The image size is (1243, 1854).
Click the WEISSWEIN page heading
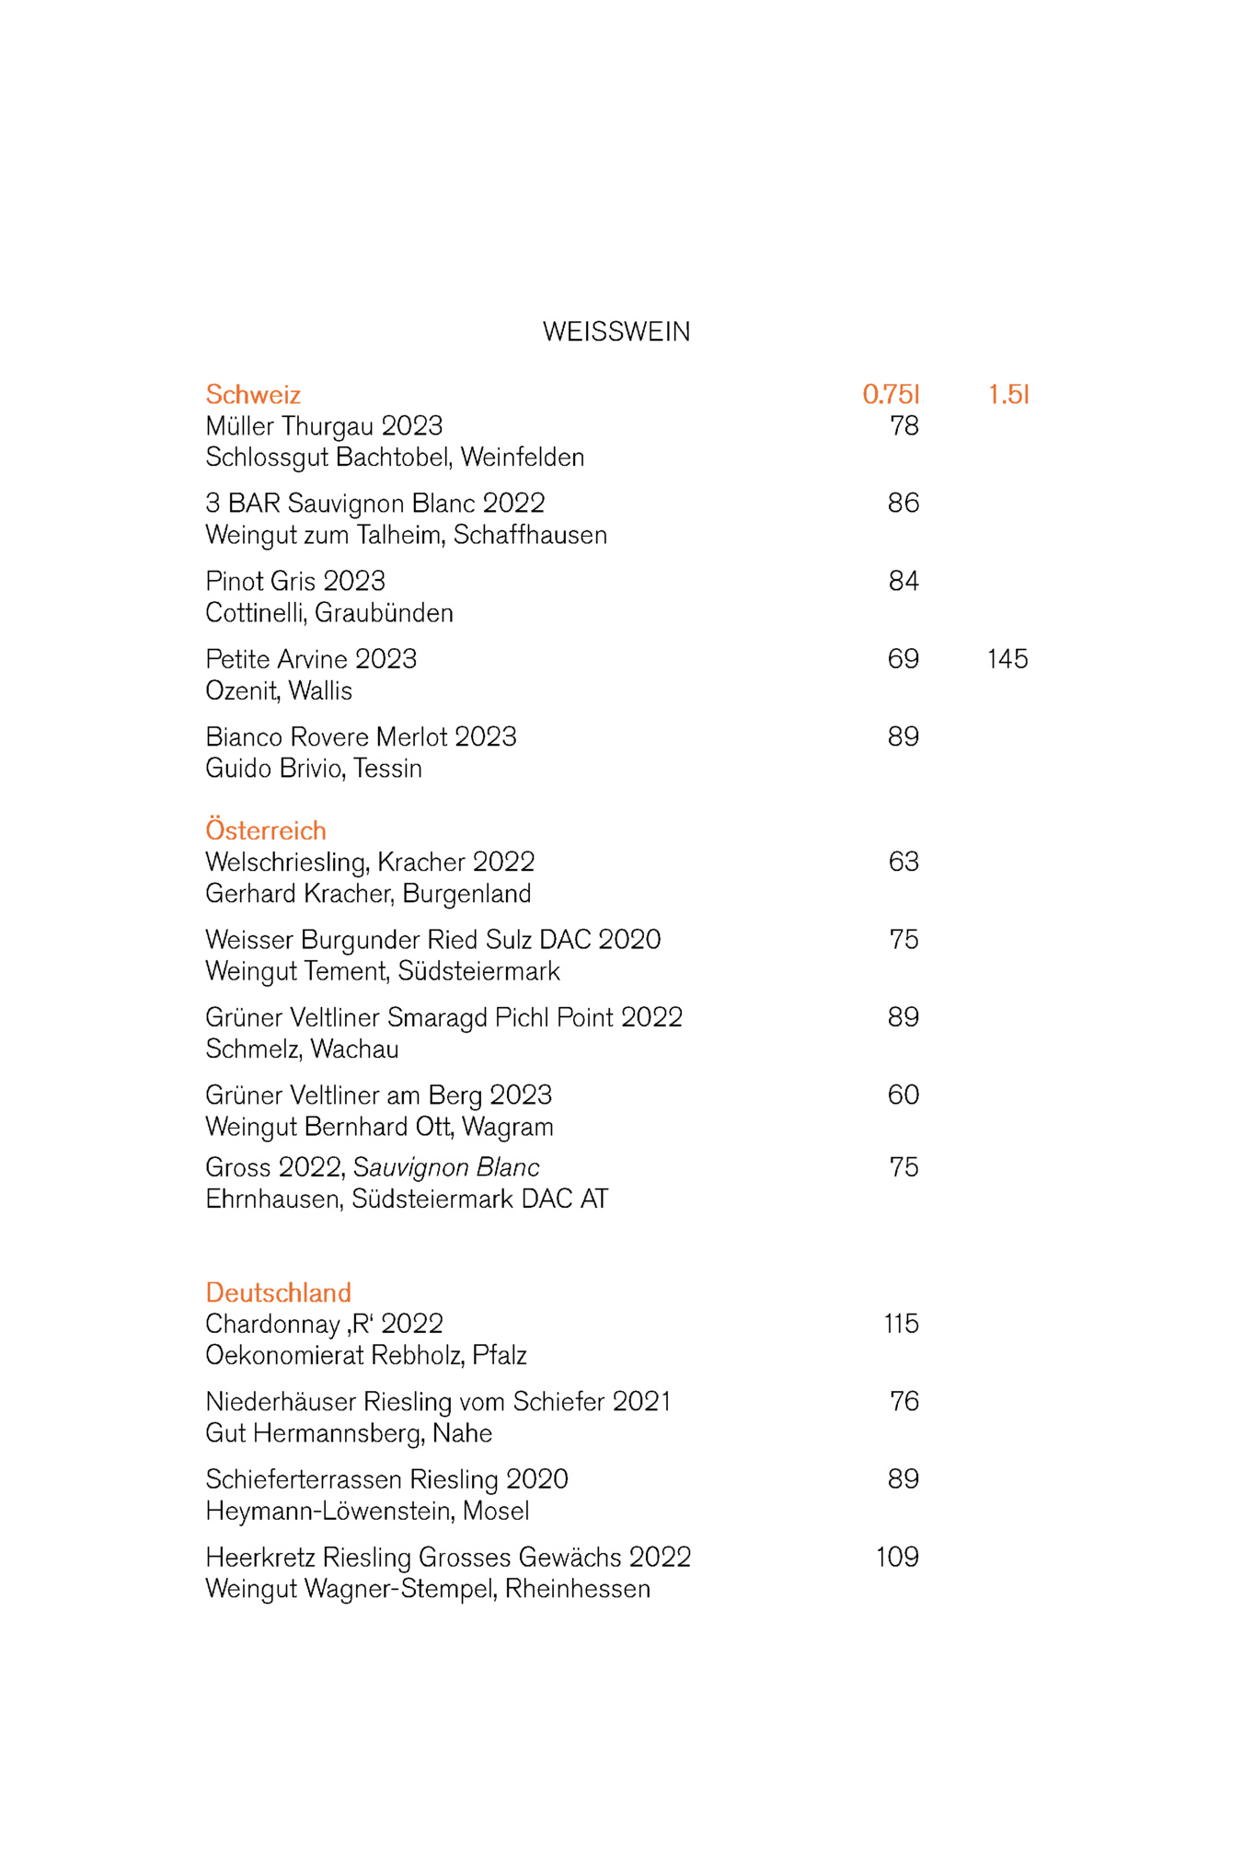[616, 331]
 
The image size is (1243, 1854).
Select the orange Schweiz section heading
[253, 395]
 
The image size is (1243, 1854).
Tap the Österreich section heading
[266, 830]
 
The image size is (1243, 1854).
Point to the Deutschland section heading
[278, 1292]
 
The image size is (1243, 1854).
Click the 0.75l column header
[891, 395]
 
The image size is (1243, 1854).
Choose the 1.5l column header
[1008, 395]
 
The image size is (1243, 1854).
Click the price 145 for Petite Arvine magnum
[1007, 659]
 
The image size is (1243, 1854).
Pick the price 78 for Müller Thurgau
[903, 426]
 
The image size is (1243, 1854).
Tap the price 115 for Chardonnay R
[901, 1324]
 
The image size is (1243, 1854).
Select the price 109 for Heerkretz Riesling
[897, 1557]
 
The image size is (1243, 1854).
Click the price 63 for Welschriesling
[903, 862]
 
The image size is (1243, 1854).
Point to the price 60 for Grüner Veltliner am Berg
[903, 1095]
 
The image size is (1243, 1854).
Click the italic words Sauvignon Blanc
[446, 1167]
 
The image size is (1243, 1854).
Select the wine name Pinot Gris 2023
[295, 582]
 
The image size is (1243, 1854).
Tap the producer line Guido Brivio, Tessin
[314, 769]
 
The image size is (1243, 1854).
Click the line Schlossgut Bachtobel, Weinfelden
[395, 458]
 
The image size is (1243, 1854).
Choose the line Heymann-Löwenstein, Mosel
[367, 1511]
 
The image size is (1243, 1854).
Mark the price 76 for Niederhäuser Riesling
[903, 1401]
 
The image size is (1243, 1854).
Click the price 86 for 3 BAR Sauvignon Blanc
[903, 504]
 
